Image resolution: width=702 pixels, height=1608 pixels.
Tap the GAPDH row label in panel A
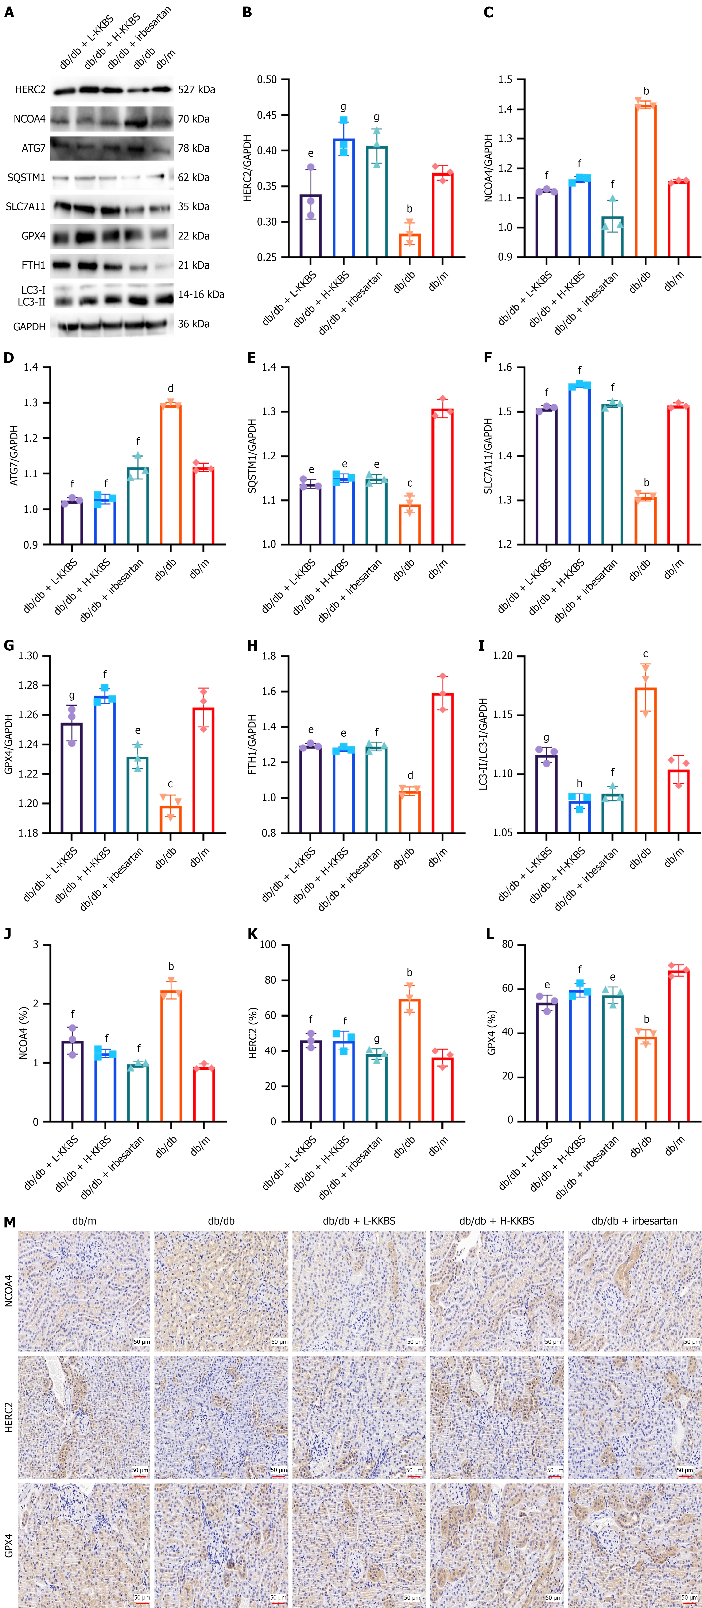[x=29, y=326]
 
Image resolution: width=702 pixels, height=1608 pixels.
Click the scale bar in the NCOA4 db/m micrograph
[x=141, y=1347]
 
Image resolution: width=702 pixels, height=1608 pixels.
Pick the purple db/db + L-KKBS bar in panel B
[x=310, y=226]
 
